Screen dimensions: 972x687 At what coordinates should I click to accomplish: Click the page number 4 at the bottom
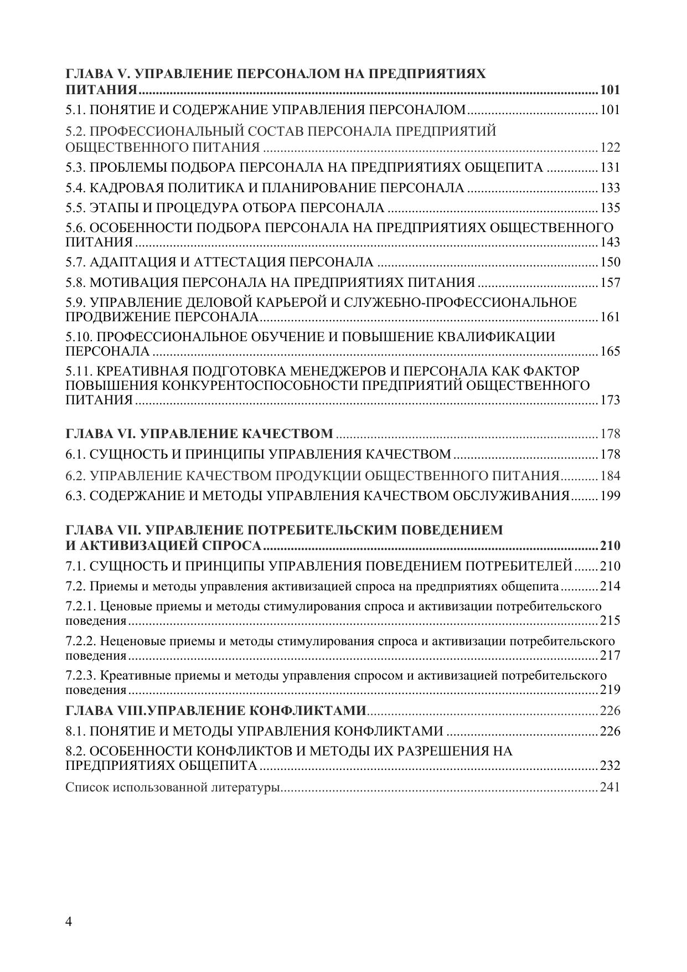(69, 922)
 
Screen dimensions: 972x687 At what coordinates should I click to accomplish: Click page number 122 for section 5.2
(609, 148)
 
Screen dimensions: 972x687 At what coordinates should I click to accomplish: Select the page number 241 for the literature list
(609, 787)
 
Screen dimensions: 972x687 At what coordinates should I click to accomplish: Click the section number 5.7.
(76, 263)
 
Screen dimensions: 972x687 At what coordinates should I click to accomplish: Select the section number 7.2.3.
(81, 676)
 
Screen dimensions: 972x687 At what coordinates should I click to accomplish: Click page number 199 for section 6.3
(609, 496)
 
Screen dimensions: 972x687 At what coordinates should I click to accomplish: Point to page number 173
(609, 400)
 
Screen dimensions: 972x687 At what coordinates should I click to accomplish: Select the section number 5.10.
(79, 337)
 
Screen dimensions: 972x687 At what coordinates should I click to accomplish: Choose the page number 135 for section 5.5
(609, 208)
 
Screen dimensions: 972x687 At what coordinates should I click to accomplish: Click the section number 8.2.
(76, 752)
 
